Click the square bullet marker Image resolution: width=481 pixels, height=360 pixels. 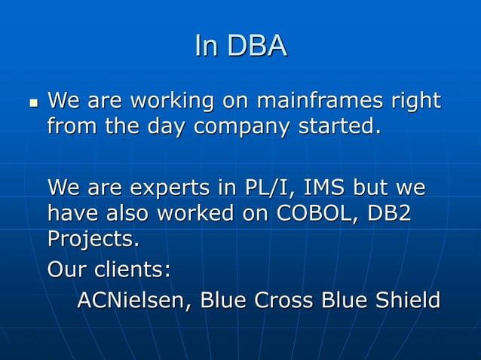[29, 102]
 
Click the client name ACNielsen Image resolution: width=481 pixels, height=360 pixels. [127, 300]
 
